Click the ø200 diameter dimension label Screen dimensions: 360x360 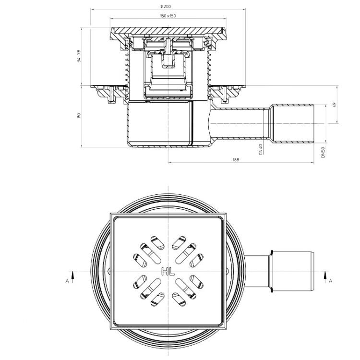coord(166,7)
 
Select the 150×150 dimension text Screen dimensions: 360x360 coord(168,16)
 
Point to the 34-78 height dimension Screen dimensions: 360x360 coord(79,57)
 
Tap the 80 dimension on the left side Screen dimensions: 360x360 coord(79,116)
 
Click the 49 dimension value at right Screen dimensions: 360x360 coord(334,105)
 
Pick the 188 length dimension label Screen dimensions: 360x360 coord(236,160)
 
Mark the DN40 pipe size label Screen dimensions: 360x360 coord(261,149)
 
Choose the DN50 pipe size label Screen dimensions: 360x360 coord(323,152)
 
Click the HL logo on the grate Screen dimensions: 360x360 coord(168,271)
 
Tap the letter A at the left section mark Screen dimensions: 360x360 coord(67,281)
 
